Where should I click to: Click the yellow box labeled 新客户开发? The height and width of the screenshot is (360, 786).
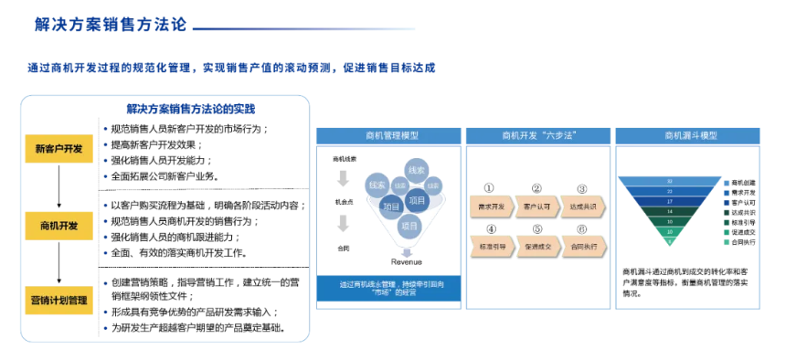[x=58, y=149]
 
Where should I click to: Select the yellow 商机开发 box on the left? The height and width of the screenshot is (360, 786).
[x=58, y=225]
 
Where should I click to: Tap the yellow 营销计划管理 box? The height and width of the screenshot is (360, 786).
[x=58, y=300]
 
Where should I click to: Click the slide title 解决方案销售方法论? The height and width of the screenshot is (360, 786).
[x=111, y=25]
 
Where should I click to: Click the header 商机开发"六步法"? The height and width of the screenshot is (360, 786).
[x=536, y=135]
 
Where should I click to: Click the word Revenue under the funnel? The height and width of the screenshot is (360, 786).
[x=406, y=260]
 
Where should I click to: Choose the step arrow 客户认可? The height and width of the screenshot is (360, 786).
[x=536, y=206]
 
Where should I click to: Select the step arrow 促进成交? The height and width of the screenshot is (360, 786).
[x=536, y=247]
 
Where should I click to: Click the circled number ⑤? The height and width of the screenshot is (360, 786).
[x=537, y=229]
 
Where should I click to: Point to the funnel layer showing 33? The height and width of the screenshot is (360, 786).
[x=671, y=182]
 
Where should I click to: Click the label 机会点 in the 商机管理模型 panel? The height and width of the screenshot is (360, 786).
[x=344, y=202]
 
